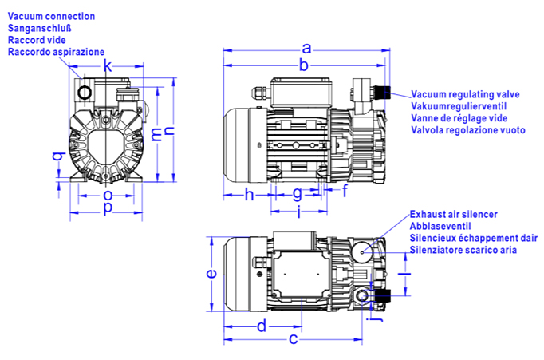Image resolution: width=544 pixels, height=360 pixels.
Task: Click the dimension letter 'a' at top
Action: tap(306, 48)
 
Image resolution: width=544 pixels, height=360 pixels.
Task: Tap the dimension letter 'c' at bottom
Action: tap(293, 340)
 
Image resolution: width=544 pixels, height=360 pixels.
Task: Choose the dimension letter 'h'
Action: tap(248, 194)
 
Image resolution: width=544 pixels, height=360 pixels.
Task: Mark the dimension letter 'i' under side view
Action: tap(298, 212)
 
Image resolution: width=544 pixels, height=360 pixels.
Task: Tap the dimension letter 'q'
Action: tap(57, 156)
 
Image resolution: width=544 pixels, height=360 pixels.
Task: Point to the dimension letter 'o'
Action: tap(108, 194)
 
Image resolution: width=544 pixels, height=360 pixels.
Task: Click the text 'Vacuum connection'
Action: tap(51, 16)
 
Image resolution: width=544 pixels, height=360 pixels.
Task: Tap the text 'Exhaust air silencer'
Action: tap(453, 215)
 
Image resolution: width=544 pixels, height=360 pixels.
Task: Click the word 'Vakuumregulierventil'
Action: tap(459, 106)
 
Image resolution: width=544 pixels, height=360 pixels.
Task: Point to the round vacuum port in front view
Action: tap(85, 93)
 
